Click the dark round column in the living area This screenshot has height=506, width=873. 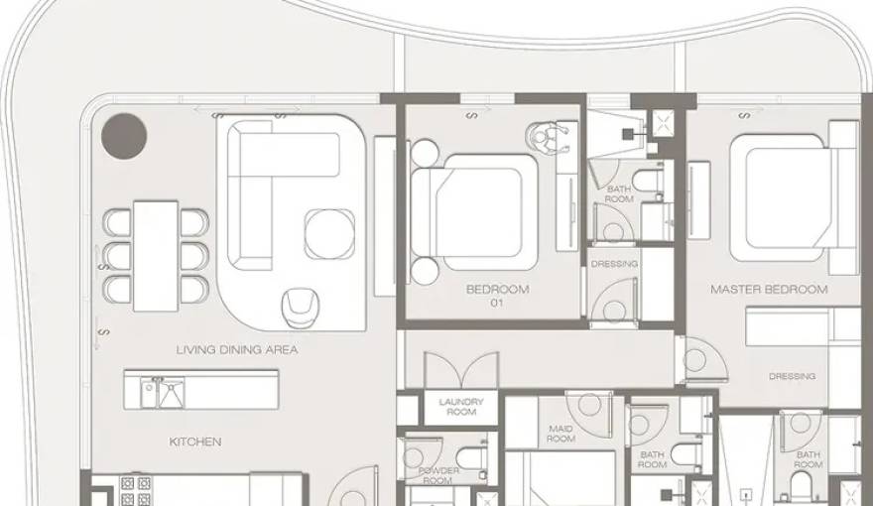(x=124, y=136)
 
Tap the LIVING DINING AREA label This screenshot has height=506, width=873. (x=237, y=350)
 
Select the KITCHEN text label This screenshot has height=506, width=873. (x=195, y=442)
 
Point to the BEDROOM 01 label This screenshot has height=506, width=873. (x=497, y=296)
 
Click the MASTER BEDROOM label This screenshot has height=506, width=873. (x=769, y=290)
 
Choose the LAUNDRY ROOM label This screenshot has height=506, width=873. (x=461, y=407)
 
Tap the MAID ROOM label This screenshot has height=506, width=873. (x=561, y=434)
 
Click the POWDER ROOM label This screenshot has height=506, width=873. (x=438, y=475)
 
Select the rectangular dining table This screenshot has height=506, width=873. (x=156, y=256)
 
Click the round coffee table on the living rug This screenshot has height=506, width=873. (x=329, y=234)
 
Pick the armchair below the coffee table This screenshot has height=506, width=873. (x=301, y=308)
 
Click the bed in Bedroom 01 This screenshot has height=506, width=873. (x=474, y=212)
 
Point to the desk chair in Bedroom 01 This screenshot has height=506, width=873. (x=547, y=138)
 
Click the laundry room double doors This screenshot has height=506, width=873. (x=461, y=370)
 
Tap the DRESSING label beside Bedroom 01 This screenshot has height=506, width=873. (x=614, y=264)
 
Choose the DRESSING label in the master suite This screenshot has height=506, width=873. (x=792, y=376)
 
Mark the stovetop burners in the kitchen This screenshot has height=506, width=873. (x=136, y=490)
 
